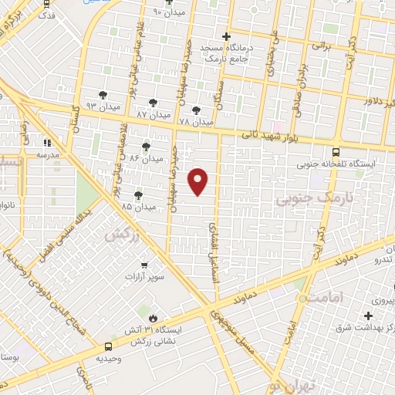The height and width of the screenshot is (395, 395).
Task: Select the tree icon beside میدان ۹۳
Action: pyautogui.click(x=103, y=94)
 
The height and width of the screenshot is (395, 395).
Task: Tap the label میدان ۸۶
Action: pyautogui.click(x=147, y=157)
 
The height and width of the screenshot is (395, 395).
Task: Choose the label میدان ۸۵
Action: pyautogui.click(x=138, y=207)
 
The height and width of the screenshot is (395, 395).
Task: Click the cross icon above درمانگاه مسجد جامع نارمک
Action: pyautogui.click(x=226, y=36)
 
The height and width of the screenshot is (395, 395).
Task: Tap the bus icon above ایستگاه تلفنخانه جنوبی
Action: pyautogui.click(x=336, y=152)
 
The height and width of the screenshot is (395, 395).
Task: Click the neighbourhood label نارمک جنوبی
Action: pyautogui.click(x=306, y=199)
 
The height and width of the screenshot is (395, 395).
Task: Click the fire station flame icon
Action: pyautogui.click(x=153, y=318)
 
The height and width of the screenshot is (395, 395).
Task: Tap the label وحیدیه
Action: pyautogui.click(x=110, y=359)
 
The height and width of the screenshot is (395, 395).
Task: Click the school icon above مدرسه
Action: pyautogui.click(x=48, y=143)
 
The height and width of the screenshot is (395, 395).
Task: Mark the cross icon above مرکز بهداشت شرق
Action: pyautogui.click(x=369, y=316)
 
